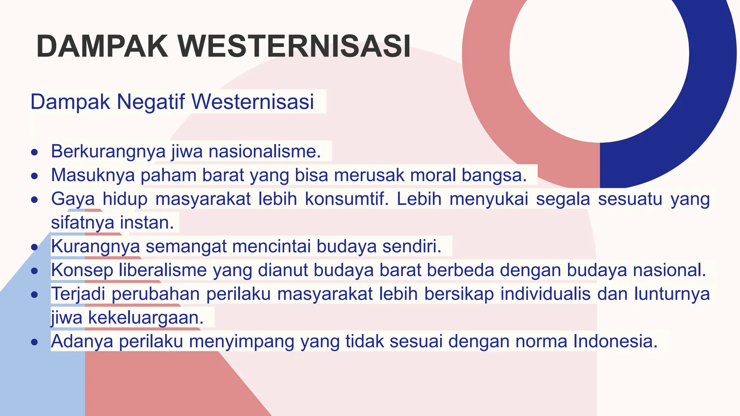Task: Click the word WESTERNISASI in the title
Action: pos(294,46)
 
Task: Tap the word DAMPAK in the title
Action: pos(102,46)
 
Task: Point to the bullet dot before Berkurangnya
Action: pos(34,152)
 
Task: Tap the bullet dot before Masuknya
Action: pos(34,176)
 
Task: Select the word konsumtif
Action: pos(347,199)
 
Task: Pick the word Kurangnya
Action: pos(95,247)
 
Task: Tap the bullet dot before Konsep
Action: pos(34,271)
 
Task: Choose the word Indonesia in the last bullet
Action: pos(615,341)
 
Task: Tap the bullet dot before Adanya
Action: pos(34,342)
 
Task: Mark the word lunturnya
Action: pos(672,294)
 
